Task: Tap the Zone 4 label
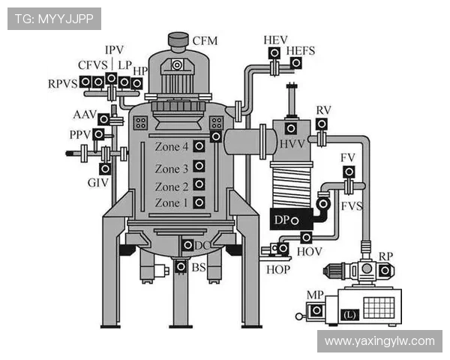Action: pyautogui.click(x=172, y=147)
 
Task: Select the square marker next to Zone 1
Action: pyautogui.click(x=199, y=202)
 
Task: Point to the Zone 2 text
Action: pyautogui.click(x=172, y=186)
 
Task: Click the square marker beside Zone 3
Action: pyautogui.click(x=199, y=166)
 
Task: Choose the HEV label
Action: pyautogui.click(x=275, y=39)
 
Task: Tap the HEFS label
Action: pyautogui.click(x=301, y=51)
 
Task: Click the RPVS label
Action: pyautogui.click(x=63, y=83)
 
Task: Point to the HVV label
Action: pyautogui.click(x=291, y=142)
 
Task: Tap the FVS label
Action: pyautogui.click(x=352, y=205)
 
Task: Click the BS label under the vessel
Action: pyautogui.click(x=198, y=267)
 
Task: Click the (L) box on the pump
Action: pyautogui.click(x=349, y=315)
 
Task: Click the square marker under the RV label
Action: pyautogui.click(x=322, y=124)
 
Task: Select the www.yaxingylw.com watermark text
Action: pyautogui.click(x=379, y=341)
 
